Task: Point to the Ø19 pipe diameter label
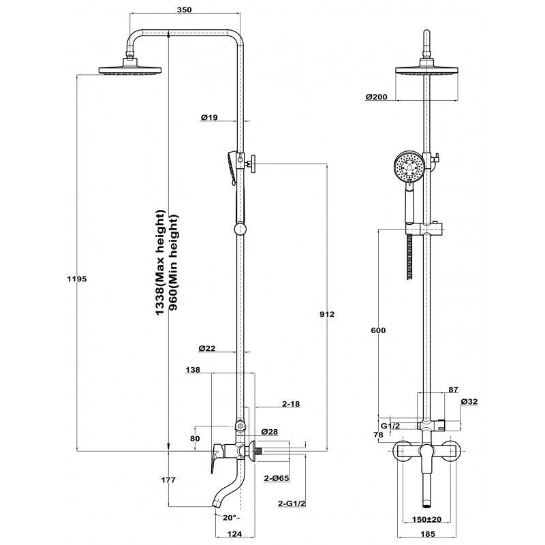coord(208,118)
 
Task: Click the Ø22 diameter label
coord(207,349)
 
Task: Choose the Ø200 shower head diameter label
coord(377,97)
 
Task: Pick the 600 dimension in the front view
coord(379,330)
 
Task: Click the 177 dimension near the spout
coord(168,480)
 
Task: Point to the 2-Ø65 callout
coord(277,479)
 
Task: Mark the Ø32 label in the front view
coord(469,402)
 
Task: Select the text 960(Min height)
coord(174,262)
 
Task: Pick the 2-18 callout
coord(291,404)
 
